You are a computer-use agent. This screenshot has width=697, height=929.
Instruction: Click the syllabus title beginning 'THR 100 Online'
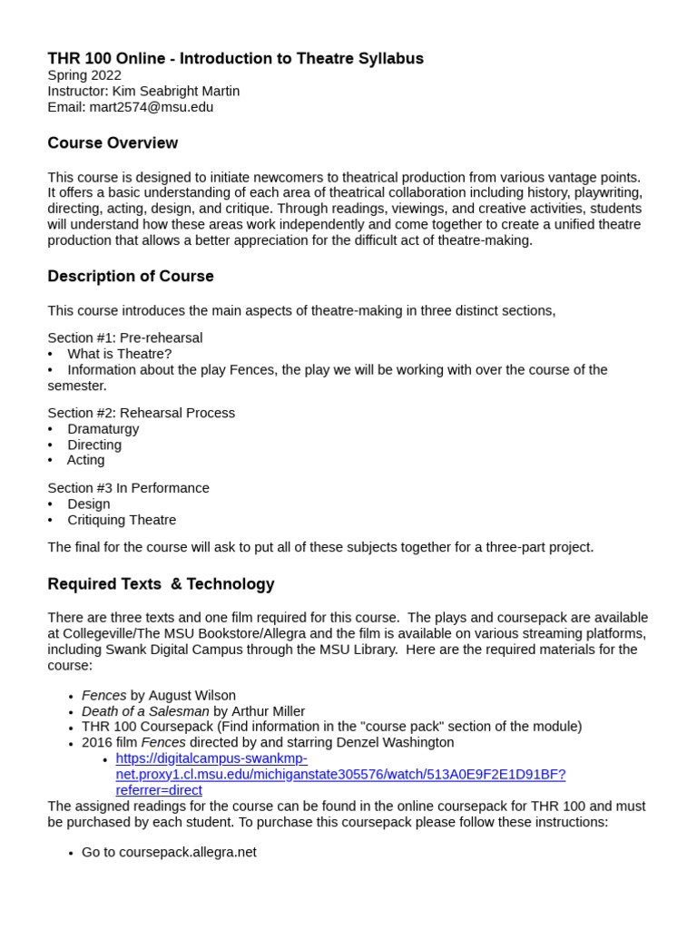(x=235, y=59)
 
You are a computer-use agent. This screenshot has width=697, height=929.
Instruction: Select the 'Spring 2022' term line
(x=84, y=75)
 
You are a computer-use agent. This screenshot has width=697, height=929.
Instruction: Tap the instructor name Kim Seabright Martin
(x=176, y=91)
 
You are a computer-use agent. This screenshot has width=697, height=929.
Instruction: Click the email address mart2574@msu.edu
(x=151, y=107)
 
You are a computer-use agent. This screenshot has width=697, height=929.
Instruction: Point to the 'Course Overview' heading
(x=113, y=143)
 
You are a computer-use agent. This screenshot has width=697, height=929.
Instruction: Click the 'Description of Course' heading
(x=131, y=277)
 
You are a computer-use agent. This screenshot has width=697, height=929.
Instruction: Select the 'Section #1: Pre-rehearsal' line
(x=125, y=338)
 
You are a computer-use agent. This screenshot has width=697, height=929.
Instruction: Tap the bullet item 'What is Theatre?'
(x=119, y=354)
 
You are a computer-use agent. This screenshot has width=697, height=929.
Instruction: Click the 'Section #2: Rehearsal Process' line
(x=142, y=413)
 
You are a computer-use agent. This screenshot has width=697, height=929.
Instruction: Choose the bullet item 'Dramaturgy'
(x=103, y=429)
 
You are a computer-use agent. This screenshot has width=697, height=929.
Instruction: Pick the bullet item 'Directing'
(x=94, y=445)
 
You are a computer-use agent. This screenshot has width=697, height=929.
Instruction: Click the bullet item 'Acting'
(x=86, y=460)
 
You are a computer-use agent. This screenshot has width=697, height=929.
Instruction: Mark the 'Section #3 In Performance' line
(x=129, y=488)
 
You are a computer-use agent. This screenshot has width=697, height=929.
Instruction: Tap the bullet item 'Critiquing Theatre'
(x=122, y=520)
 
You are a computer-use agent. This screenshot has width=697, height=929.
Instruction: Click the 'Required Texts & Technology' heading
(x=161, y=584)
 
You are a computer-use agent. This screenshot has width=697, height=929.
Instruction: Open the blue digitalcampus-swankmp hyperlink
(x=340, y=774)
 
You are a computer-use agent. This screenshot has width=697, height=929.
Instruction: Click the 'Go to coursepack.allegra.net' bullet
(x=169, y=852)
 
